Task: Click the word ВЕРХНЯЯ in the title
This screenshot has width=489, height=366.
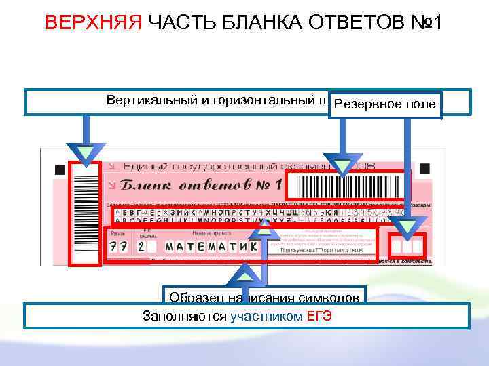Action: [93, 23]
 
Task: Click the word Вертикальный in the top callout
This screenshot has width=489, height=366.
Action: [152, 100]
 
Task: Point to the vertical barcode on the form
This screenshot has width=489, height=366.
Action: [86, 213]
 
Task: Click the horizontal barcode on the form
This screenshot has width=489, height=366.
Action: [346, 185]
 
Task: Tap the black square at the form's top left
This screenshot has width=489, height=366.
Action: [60, 169]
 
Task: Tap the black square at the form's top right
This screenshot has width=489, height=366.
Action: [424, 168]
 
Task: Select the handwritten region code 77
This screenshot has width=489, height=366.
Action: [119, 245]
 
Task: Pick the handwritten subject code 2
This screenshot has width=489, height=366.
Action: [141, 245]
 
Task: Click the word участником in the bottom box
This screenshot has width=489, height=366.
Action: [266, 316]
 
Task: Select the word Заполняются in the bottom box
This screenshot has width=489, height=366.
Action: [185, 316]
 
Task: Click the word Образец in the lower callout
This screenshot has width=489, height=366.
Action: [192, 297]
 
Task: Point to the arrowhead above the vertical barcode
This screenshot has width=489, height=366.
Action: [86, 153]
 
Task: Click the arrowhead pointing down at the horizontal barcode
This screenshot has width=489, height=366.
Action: [344, 165]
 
